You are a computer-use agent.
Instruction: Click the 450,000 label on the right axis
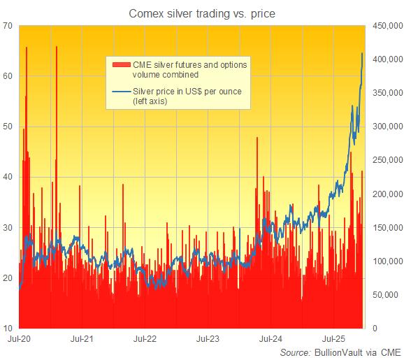[x=386, y=26]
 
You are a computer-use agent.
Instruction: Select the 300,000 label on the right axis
[x=386, y=127]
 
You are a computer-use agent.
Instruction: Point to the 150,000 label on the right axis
[x=386, y=227]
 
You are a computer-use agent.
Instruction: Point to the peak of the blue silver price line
[x=361, y=53]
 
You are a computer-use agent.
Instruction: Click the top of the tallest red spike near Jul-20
[x=27, y=48]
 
